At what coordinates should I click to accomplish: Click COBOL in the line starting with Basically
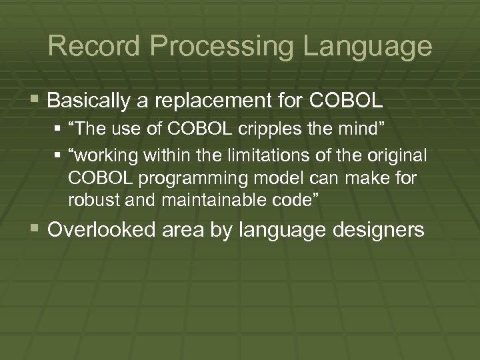tap(346, 101)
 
